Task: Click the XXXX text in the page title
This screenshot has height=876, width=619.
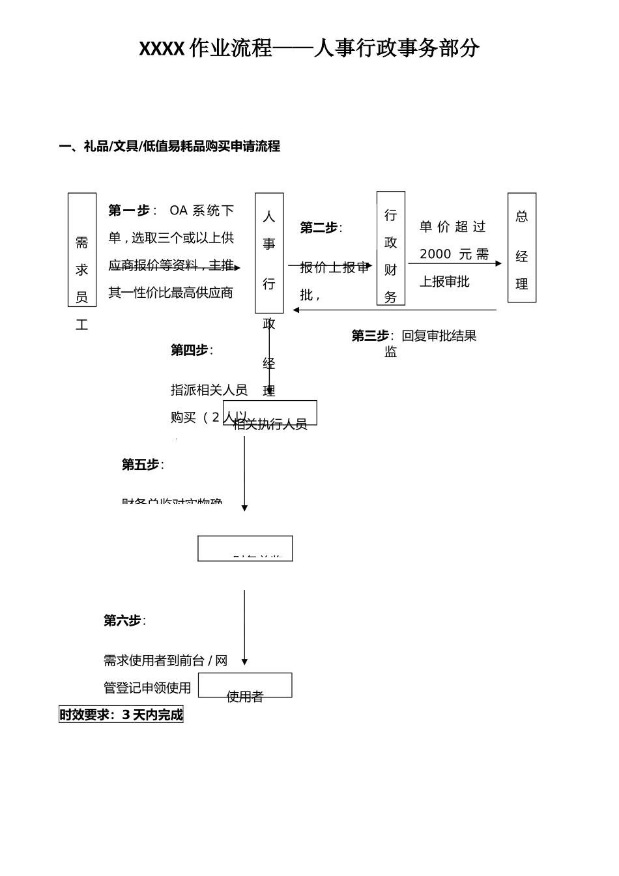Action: click(162, 49)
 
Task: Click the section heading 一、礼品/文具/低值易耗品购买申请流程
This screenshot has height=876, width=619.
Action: click(169, 147)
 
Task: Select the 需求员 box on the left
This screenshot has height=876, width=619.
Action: click(82, 250)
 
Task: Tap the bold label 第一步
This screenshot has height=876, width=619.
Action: click(129, 211)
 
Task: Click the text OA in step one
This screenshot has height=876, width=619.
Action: click(178, 211)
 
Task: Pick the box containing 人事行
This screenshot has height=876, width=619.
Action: click(269, 253)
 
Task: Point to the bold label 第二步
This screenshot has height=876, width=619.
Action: click(319, 228)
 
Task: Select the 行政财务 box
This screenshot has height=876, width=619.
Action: click(391, 248)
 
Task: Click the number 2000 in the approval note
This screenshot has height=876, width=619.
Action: click(435, 254)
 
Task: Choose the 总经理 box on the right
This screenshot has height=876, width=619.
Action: click(522, 248)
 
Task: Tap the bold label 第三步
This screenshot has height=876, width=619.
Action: click(370, 336)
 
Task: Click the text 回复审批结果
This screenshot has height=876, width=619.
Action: click(439, 336)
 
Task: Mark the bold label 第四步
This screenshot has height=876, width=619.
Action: click(190, 350)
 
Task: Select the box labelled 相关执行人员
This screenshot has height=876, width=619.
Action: click(270, 413)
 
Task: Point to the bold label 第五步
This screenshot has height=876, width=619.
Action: click(141, 465)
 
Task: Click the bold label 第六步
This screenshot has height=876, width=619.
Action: click(122, 620)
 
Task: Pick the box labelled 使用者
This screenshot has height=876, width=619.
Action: click(245, 686)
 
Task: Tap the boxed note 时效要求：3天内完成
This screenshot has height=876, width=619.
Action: click(121, 715)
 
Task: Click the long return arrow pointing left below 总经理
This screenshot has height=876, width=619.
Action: click(394, 310)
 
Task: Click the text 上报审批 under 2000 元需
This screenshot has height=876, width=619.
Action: click(444, 282)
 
